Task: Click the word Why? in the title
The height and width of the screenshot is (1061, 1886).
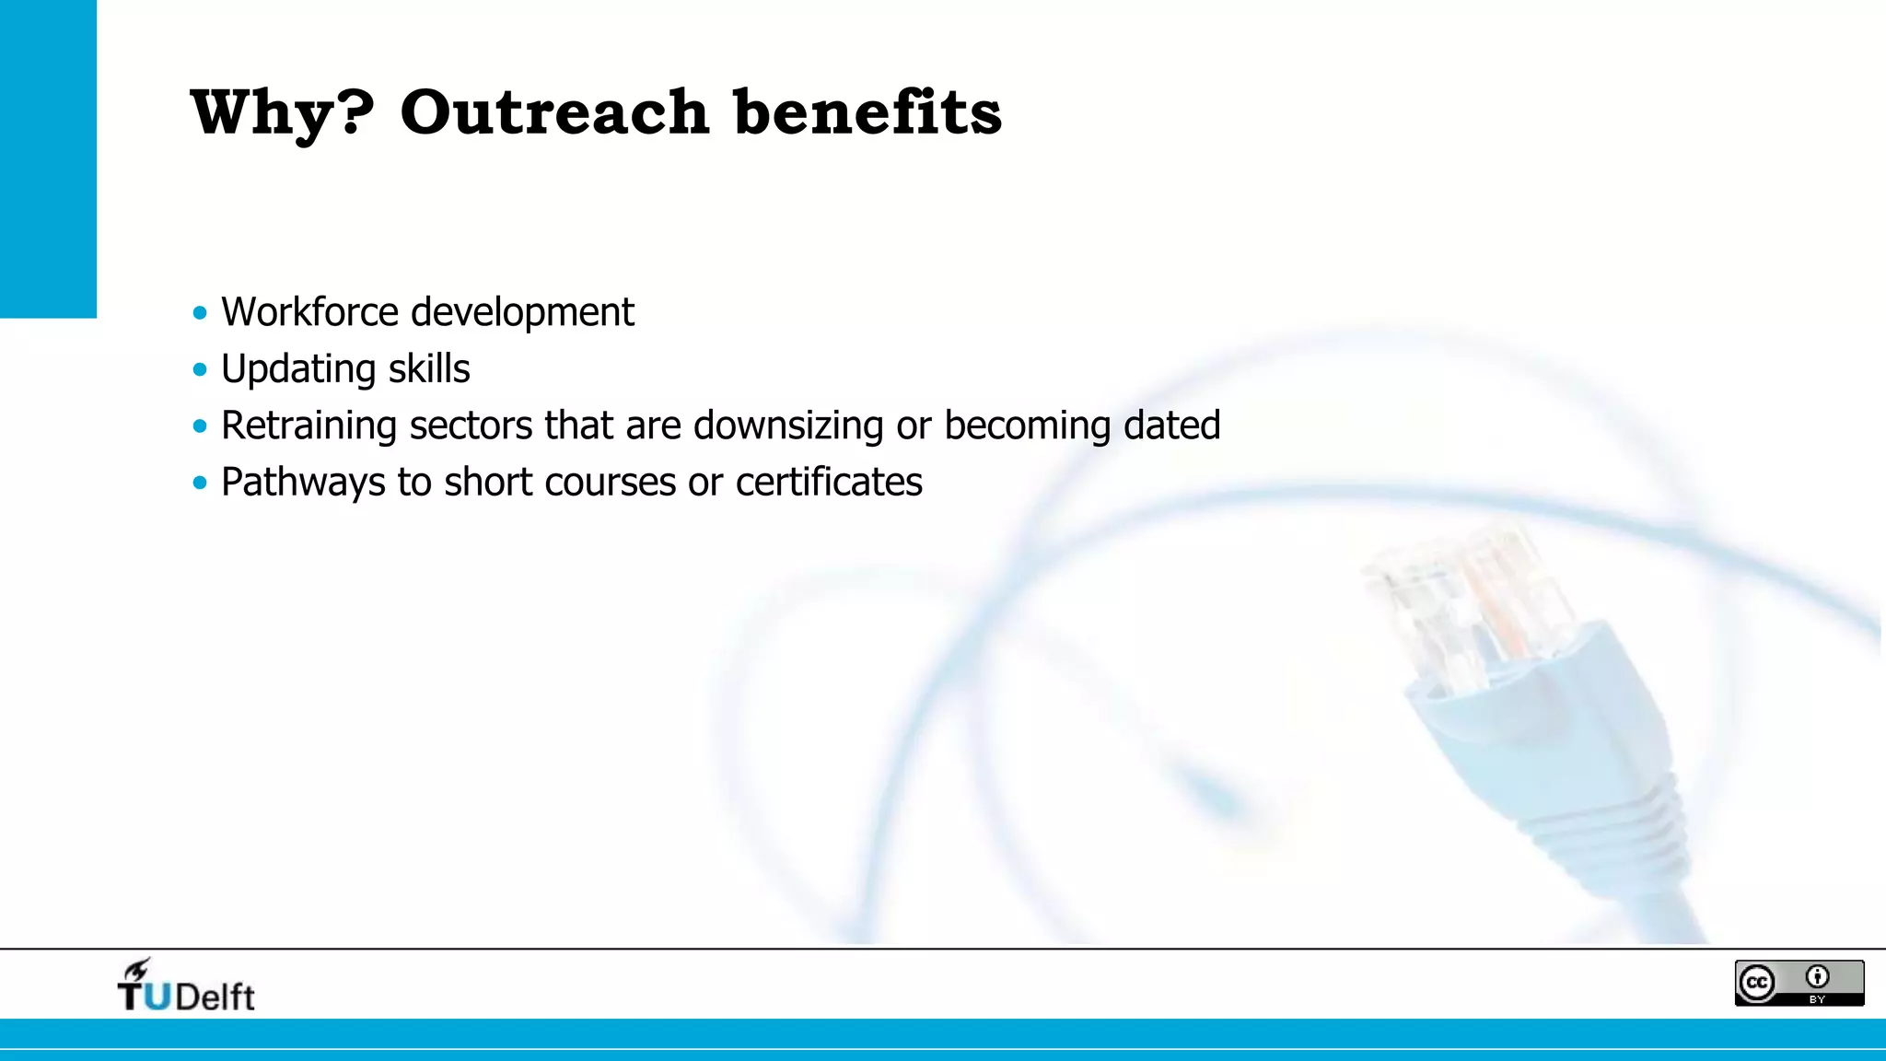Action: (282, 113)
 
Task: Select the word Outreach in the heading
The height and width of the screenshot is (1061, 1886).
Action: (553, 112)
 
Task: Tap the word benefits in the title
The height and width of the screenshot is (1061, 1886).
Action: (867, 112)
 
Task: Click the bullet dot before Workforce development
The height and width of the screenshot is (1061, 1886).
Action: (200, 313)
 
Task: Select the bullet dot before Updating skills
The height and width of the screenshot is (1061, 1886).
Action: (200, 370)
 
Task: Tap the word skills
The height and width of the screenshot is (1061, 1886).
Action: (428, 369)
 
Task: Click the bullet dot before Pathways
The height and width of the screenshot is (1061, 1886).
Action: (200, 483)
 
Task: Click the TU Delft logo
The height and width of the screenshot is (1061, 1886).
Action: (185, 987)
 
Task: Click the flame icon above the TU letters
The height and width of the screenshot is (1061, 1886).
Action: (137, 969)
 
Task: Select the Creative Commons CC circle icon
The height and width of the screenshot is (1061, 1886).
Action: (1757, 983)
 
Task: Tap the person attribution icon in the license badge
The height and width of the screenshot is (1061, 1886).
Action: (1817, 976)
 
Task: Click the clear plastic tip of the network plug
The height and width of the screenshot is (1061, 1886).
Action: (1464, 599)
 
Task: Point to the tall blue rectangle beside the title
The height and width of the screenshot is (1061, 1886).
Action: (48, 158)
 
